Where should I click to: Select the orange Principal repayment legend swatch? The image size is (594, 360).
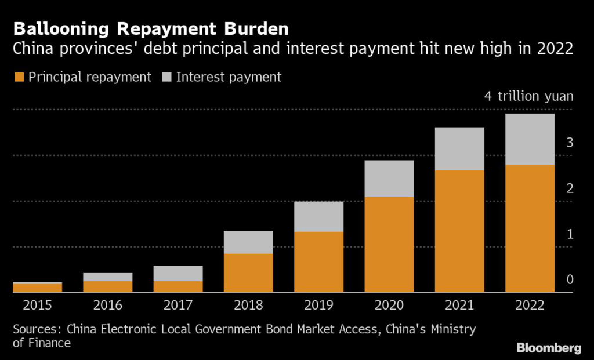pyautogui.click(x=19, y=77)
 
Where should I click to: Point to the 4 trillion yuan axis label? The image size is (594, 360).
pyautogui.click(x=528, y=96)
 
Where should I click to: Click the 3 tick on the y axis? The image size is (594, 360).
pyautogui.click(x=570, y=142)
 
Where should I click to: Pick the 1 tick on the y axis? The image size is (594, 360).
pyautogui.click(x=570, y=234)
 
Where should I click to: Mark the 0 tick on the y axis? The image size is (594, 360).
pyautogui.click(x=570, y=280)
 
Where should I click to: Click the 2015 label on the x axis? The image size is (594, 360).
pyautogui.click(x=37, y=306)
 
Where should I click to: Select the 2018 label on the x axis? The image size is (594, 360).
pyautogui.click(x=248, y=306)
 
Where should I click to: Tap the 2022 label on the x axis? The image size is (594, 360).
pyautogui.click(x=530, y=306)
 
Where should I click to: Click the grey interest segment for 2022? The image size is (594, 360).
pyautogui.click(x=530, y=139)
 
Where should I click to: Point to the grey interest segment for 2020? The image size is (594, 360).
pyautogui.click(x=389, y=179)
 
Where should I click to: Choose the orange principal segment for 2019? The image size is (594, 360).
pyautogui.click(x=318, y=262)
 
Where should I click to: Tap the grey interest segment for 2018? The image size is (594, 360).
pyautogui.click(x=248, y=242)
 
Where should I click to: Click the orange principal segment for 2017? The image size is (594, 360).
pyautogui.click(x=178, y=286)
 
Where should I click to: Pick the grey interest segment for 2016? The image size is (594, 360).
pyautogui.click(x=107, y=277)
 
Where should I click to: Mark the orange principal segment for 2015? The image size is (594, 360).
pyautogui.click(x=37, y=288)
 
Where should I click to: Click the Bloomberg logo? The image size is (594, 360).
pyautogui.click(x=549, y=348)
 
